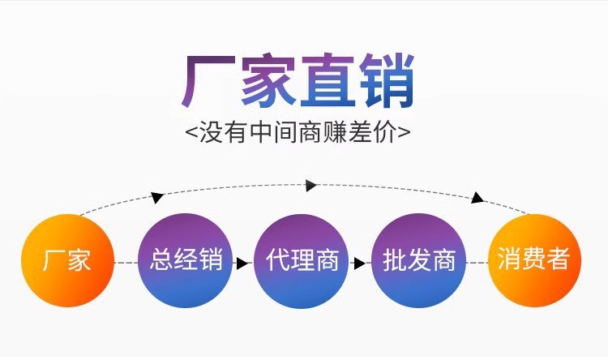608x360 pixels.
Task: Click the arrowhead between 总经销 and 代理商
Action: (242, 263)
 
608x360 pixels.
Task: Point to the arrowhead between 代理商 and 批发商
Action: (358, 263)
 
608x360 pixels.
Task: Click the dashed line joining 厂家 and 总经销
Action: (126, 263)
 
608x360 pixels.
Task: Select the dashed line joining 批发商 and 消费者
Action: (477, 263)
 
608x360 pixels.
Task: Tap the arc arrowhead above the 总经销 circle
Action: (157, 197)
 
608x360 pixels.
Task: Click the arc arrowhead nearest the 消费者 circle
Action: (478, 198)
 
